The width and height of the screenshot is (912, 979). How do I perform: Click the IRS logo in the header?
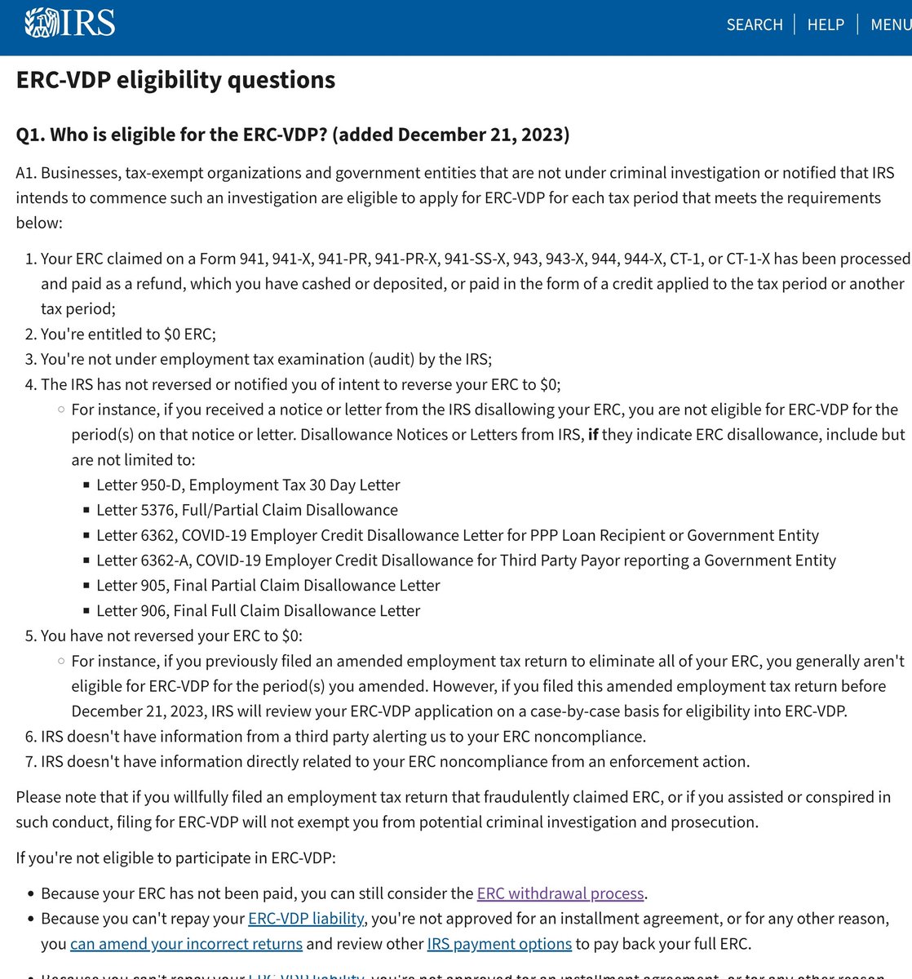point(70,23)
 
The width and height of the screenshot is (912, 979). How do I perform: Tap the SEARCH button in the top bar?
point(755,24)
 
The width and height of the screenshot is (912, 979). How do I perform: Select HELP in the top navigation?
point(826,24)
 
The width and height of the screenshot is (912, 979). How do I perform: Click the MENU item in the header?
point(891,24)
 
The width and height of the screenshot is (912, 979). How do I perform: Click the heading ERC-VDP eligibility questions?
point(175,80)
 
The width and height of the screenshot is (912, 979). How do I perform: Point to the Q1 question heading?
point(292,135)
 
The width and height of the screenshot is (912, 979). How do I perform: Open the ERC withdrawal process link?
point(561,893)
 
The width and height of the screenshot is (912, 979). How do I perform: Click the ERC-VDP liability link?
point(306,919)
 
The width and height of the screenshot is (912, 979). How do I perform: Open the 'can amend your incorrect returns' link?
point(186,944)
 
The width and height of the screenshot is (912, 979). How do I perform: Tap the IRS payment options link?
point(499,944)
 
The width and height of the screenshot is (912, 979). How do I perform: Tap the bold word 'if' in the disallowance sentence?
point(593,435)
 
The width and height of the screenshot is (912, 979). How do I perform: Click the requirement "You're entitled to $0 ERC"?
point(128,334)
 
